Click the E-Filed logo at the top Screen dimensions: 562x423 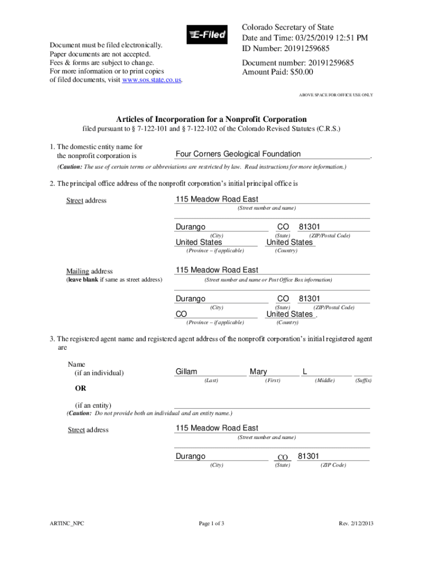click(207, 35)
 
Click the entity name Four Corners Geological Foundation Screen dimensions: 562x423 click(238, 154)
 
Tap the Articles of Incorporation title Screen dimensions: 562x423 click(211, 119)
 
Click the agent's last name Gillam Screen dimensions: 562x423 click(186, 372)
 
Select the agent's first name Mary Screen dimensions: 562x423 click(258, 372)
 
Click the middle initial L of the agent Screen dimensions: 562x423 click(304, 372)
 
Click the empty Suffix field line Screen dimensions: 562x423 click(363, 373)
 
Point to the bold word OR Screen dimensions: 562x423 click(80, 389)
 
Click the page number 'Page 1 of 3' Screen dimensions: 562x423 click(211, 524)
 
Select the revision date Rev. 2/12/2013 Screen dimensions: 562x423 click(356, 524)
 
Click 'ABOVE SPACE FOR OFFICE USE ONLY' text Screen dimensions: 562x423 click(336, 95)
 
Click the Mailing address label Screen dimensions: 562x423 click(89, 271)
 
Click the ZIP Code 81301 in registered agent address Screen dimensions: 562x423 click(309, 456)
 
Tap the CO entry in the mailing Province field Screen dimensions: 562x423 click(181, 314)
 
